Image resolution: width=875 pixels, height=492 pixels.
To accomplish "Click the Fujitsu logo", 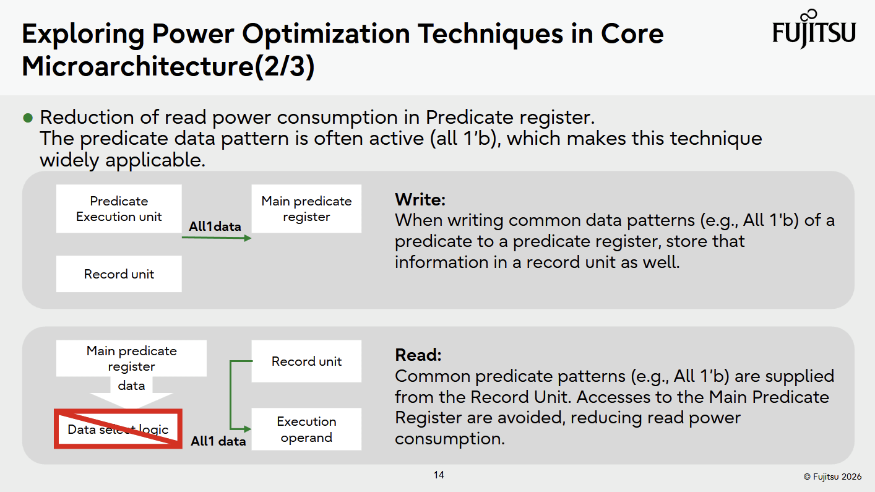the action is (x=814, y=28).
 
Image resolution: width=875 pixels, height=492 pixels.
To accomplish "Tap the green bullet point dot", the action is (x=28, y=118).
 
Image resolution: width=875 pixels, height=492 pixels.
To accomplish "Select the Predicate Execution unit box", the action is (x=119, y=209).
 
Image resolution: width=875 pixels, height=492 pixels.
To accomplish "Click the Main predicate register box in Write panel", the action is (x=306, y=209).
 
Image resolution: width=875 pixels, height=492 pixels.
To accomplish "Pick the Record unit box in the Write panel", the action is (x=119, y=274).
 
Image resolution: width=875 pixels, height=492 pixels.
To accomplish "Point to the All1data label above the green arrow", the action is (x=215, y=227).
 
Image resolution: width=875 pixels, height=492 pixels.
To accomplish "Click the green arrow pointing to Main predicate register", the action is (x=217, y=238).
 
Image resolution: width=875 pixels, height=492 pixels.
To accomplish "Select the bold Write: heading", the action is (x=420, y=200).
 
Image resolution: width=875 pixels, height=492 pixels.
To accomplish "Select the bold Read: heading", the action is (x=418, y=355).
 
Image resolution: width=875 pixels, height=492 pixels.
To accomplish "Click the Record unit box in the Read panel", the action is (x=306, y=361).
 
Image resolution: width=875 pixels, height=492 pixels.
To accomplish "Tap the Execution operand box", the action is (x=306, y=429).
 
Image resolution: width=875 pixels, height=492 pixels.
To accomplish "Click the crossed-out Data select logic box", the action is (x=118, y=429).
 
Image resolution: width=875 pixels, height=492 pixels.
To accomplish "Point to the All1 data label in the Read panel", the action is (x=218, y=442).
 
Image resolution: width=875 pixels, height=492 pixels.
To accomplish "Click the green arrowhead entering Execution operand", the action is (x=247, y=429).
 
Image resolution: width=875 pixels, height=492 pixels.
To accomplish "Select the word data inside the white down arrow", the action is (x=131, y=386).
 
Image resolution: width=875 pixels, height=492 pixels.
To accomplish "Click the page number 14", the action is (x=439, y=475).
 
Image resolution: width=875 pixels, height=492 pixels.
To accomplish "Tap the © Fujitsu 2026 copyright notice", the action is (x=832, y=477).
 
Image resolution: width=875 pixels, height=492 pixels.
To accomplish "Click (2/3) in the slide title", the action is (x=285, y=66).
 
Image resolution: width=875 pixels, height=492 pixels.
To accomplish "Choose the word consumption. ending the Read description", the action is (x=450, y=438).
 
